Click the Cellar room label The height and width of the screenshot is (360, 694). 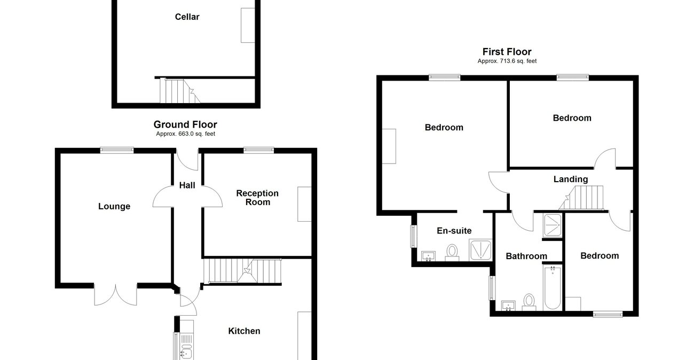pyautogui.click(x=187, y=17)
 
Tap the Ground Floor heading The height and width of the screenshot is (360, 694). pyautogui.click(x=185, y=124)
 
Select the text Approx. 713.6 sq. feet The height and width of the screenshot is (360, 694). pyautogui.click(x=507, y=61)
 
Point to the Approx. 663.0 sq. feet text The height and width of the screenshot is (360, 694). pyautogui.click(x=185, y=134)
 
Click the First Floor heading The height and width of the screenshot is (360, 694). pyautogui.click(x=507, y=52)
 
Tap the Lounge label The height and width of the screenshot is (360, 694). pyautogui.click(x=114, y=206)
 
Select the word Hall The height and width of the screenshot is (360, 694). pyautogui.click(x=187, y=185)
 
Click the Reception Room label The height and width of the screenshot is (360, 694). pyautogui.click(x=257, y=198)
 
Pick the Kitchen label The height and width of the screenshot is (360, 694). pyautogui.click(x=244, y=331)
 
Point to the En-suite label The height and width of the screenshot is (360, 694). pyautogui.click(x=454, y=231)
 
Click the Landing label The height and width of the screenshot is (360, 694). pyautogui.click(x=570, y=179)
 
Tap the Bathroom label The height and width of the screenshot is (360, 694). pyautogui.click(x=526, y=256)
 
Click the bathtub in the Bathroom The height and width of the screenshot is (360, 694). pyautogui.click(x=552, y=288)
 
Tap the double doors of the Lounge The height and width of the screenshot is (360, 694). pyautogui.click(x=116, y=294)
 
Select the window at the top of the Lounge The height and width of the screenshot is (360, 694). pyautogui.click(x=117, y=151)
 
